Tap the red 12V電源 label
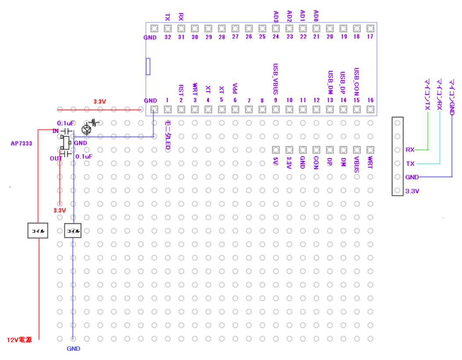tap(21, 340)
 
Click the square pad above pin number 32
tap(167, 29)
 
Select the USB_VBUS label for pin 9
tap(276, 79)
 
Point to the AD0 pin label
tap(316, 16)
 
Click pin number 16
tap(371, 100)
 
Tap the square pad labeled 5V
tap(276, 150)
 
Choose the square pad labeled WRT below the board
tap(370, 150)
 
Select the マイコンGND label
tap(451, 94)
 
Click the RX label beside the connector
tap(410, 150)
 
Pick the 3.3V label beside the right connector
tap(412, 191)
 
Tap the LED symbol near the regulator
tap(86, 128)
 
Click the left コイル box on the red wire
tap(38, 231)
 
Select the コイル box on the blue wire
tap(73, 231)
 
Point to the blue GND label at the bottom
tap(73, 349)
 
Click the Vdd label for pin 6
tap(235, 89)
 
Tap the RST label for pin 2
tap(181, 90)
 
